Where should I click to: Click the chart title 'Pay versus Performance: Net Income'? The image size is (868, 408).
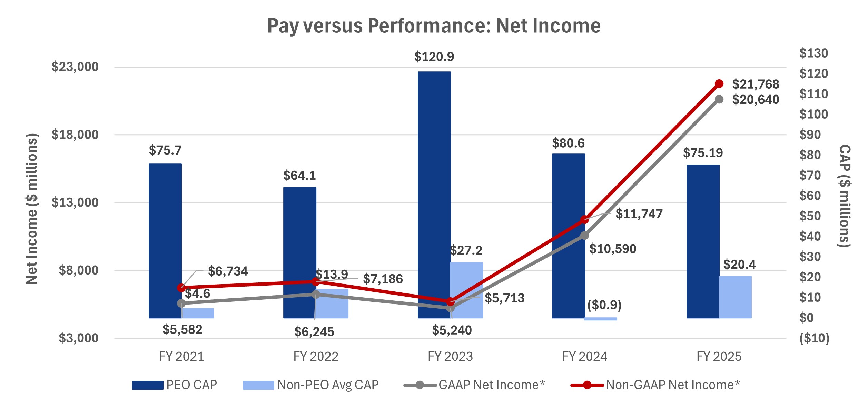pyautogui.click(x=434, y=26)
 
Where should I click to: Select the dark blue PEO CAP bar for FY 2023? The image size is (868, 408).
pyautogui.click(x=434, y=193)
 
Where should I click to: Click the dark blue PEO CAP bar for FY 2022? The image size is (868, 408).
pyautogui.click(x=299, y=252)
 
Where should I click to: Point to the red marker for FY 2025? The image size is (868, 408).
pyautogui.click(x=719, y=84)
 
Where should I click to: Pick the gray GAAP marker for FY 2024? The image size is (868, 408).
pyautogui.click(x=584, y=236)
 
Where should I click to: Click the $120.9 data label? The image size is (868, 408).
pyautogui.click(x=434, y=57)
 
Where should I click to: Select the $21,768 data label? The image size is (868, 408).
pyautogui.click(x=756, y=84)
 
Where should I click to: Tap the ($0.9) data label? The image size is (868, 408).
pyautogui.click(x=604, y=305)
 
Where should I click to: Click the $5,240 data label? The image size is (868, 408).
pyautogui.click(x=452, y=330)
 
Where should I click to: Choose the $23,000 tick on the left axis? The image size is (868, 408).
pyautogui.click(x=75, y=67)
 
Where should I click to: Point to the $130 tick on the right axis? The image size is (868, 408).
pyautogui.click(x=813, y=53)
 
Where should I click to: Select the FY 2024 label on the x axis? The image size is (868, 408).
pyautogui.click(x=584, y=356)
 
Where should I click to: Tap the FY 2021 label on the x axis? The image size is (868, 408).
pyautogui.click(x=181, y=356)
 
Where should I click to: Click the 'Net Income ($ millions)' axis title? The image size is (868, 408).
pyautogui.click(x=32, y=209)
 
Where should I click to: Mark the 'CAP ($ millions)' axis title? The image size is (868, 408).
pyautogui.click(x=844, y=196)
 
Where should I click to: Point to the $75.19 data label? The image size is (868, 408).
pyautogui.click(x=703, y=153)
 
